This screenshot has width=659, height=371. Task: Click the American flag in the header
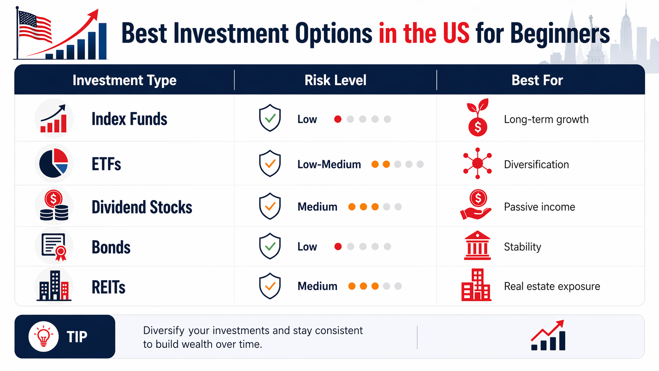pyautogui.click(x=35, y=26)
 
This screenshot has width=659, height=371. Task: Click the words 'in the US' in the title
pyautogui.click(x=424, y=33)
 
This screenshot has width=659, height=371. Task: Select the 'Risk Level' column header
pyautogui.click(x=335, y=80)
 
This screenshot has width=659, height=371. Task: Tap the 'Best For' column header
pyautogui.click(x=537, y=80)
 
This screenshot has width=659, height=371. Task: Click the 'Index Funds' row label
pyautogui.click(x=129, y=119)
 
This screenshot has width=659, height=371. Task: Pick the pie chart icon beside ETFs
pyautogui.click(x=54, y=163)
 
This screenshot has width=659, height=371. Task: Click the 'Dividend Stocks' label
pyautogui.click(x=142, y=207)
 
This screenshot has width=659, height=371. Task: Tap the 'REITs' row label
pyautogui.click(x=108, y=287)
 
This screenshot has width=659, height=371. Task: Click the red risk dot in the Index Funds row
pyautogui.click(x=338, y=119)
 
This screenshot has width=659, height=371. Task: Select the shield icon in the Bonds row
pyautogui.click(x=270, y=246)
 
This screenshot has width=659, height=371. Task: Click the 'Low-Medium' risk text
pyautogui.click(x=329, y=164)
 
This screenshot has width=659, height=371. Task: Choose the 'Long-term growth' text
pyautogui.click(x=546, y=119)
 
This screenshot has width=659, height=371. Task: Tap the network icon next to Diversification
pyautogui.click(x=477, y=163)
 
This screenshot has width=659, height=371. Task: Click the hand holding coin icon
pyautogui.click(x=476, y=205)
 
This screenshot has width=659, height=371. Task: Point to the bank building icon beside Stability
pyautogui.click(x=477, y=246)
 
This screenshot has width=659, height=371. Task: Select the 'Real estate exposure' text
pyautogui.click(x=552, y=287)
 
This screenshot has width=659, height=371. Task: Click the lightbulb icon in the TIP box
pyautogui.click(x=43, y=336)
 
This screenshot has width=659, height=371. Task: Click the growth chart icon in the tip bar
pyautogui.click(x=548, y=336)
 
